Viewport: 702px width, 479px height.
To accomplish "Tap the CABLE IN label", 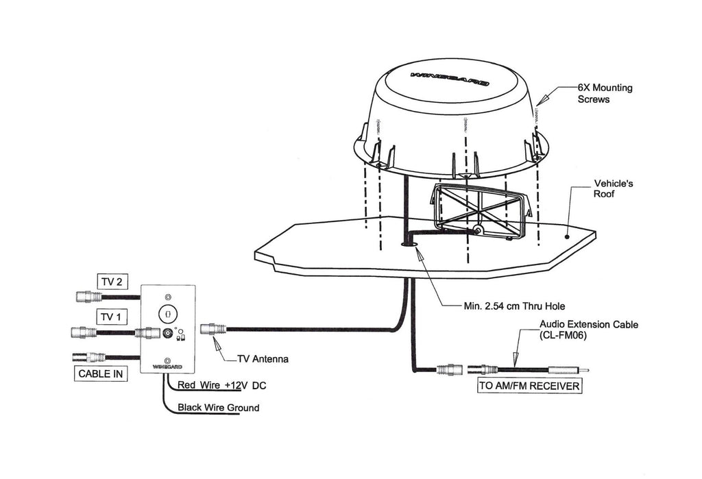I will coord(100,374).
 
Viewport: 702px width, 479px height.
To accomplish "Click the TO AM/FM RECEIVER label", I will coord(529,386).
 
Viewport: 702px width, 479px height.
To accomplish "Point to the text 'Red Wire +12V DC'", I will coord(221,385).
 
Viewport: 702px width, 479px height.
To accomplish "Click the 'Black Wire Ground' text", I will coord(218,408).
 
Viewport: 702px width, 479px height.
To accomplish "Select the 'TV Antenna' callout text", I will coord(263,358).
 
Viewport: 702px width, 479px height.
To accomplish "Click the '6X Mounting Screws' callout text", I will coord(604,93).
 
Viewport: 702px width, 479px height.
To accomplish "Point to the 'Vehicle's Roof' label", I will coord(614,189).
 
